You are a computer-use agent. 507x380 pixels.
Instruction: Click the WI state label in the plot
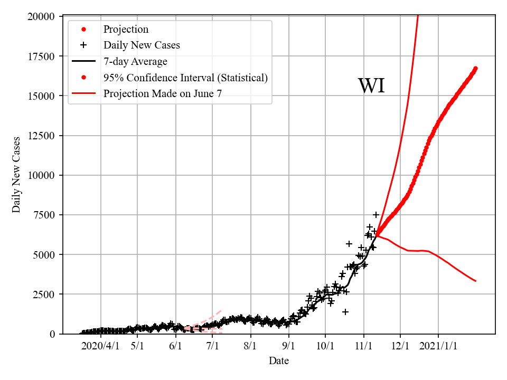point(371,86)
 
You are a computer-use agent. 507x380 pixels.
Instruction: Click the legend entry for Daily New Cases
point(142,45)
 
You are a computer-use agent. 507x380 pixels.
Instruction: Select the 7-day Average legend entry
point(135,61)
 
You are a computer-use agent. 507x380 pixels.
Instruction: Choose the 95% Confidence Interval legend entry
point(185,78)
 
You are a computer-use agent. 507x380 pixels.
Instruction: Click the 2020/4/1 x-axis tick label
point(100,346)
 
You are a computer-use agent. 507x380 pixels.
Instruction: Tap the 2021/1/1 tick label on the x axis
point(438,346)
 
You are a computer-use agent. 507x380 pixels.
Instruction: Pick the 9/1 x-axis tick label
point(289,346)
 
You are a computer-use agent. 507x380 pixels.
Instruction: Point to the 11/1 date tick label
point(364,346)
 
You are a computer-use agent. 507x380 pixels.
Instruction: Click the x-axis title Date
point(279,361)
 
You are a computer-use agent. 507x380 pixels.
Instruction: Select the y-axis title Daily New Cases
point(16,175)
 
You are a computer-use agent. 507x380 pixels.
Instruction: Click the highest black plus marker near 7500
point(376,215)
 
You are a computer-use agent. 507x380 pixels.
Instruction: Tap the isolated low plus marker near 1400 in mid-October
point(345,312)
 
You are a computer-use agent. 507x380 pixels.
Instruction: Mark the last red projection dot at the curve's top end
point(475,68)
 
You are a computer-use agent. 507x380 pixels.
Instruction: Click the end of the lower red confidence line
point(476,281)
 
